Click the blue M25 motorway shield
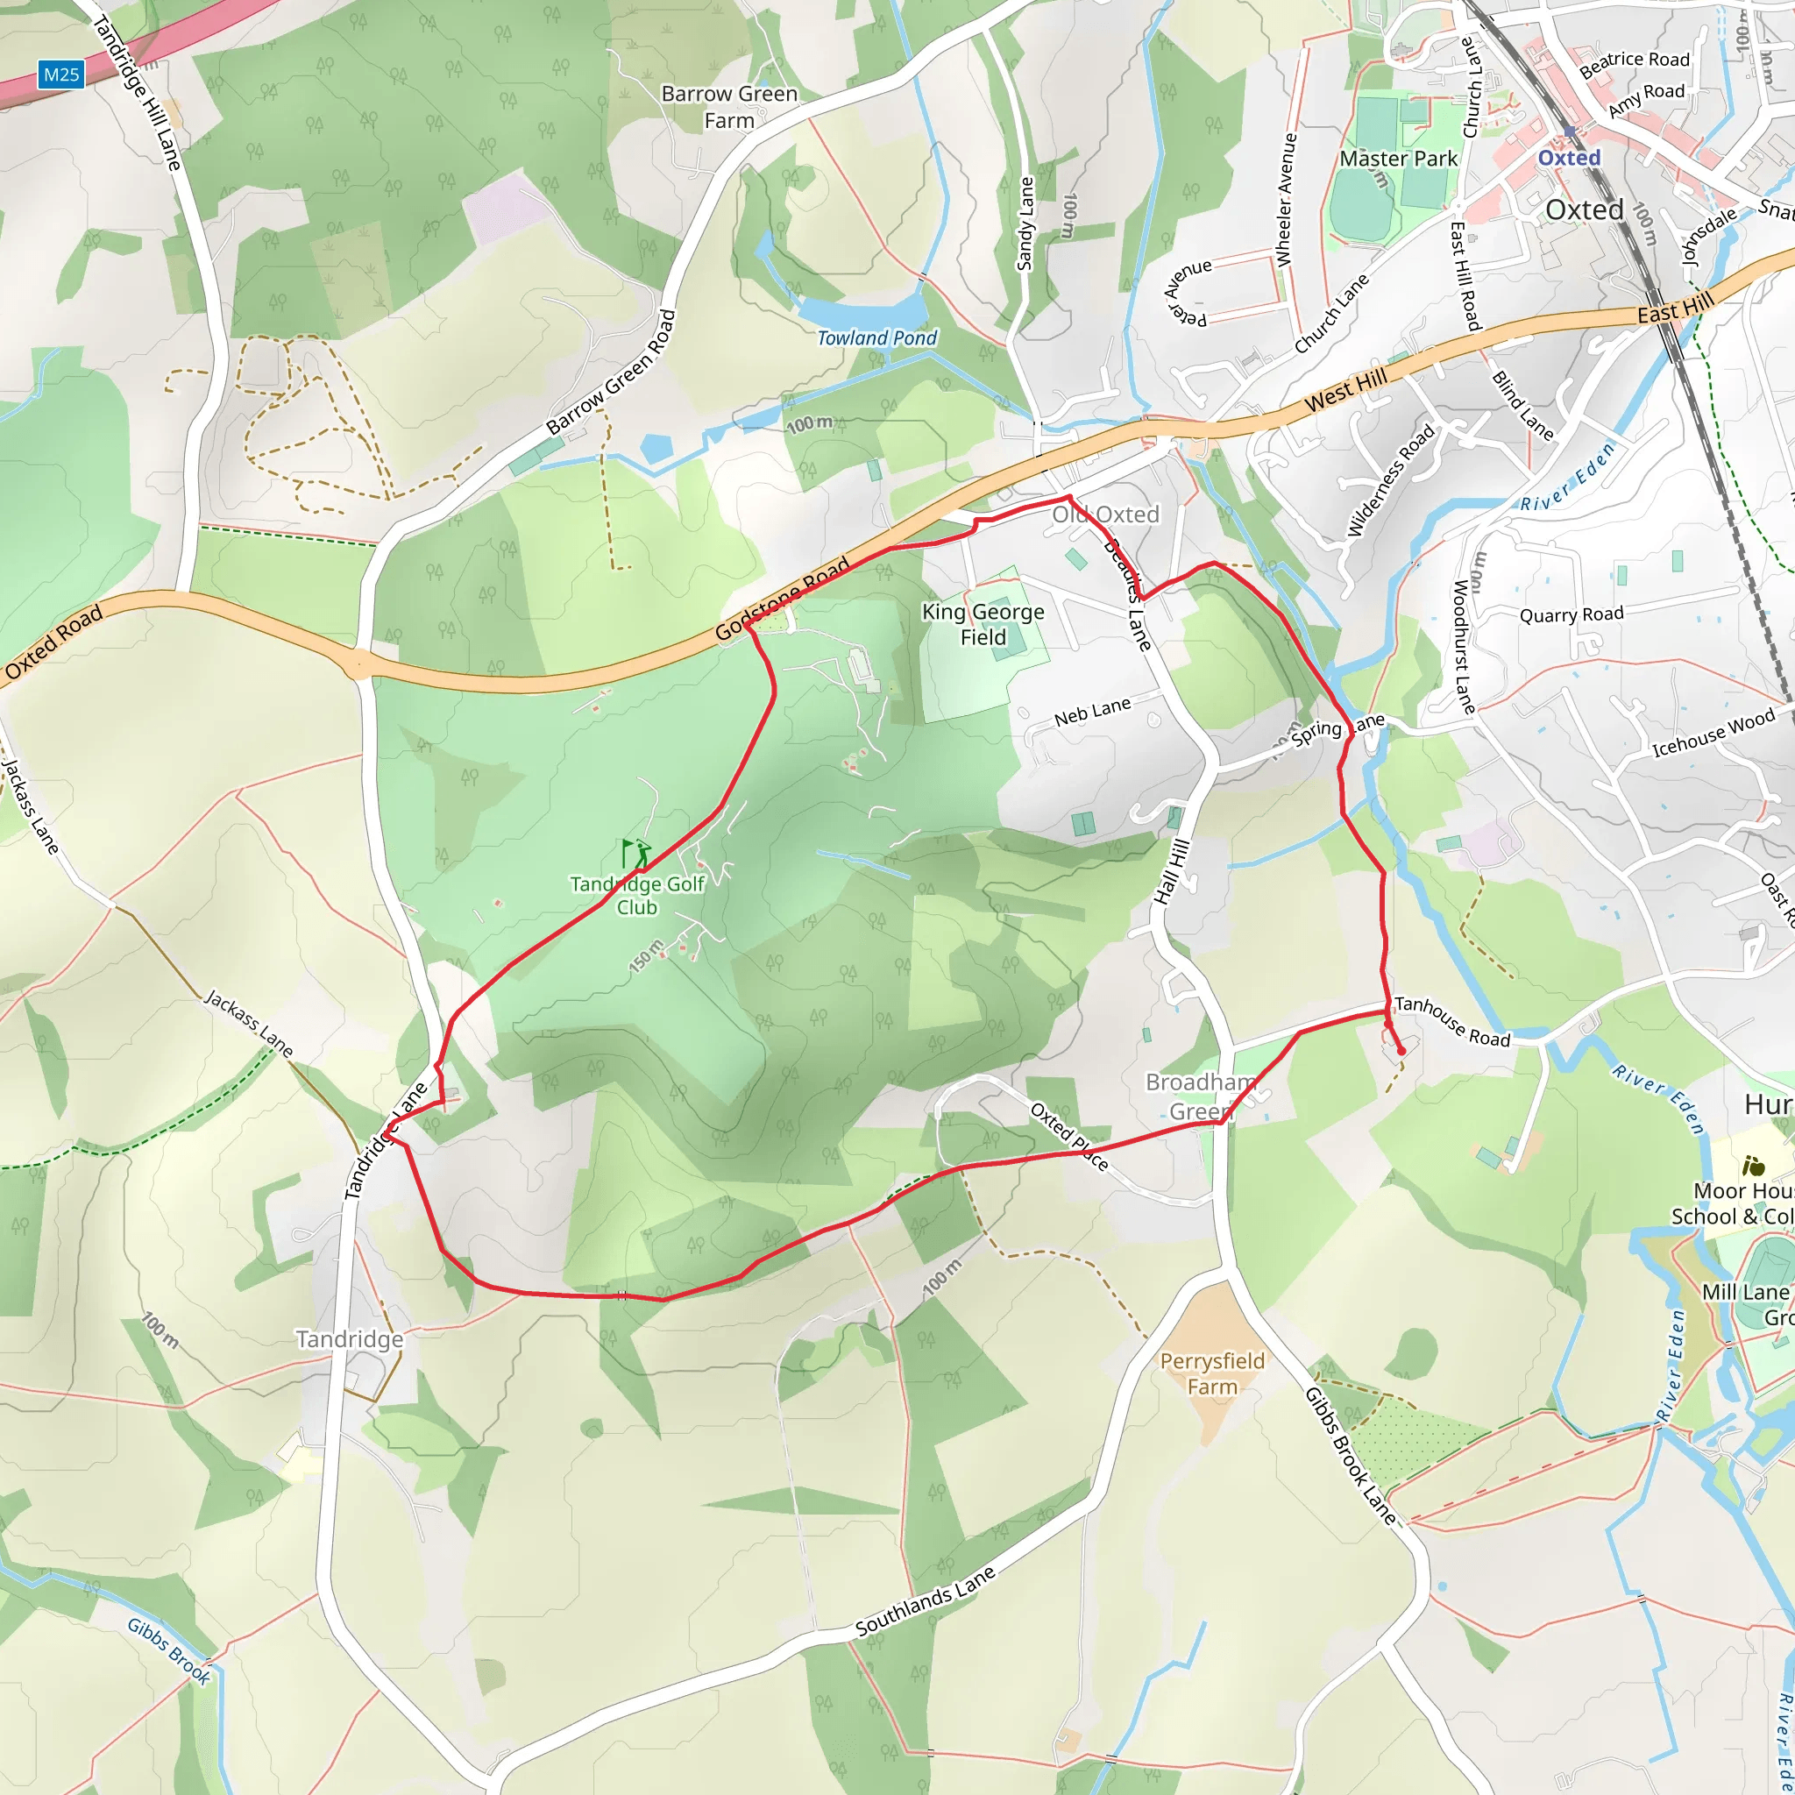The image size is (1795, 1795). [x=61, y=75]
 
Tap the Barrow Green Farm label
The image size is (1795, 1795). [x=729, y=107]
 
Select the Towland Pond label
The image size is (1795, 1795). [x=877, y=338]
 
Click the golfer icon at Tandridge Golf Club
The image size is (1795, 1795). [x=636, y=853]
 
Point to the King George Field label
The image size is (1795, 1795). [x=983, y=624]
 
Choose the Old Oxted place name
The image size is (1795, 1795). [x=1105, y=514]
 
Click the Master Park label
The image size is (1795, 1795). [x=1398, y=159]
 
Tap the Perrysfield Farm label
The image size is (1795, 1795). [x=1212, y=1374]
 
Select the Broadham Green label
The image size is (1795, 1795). [x=1201, y=1096]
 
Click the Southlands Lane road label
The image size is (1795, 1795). [x=926, y=1600]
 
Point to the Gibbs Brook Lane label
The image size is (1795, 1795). [x=1350, y=1456]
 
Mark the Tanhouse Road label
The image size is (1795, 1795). [x=1452, y=1021]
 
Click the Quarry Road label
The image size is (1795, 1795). [x=1572, y=614]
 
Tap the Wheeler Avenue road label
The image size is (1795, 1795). [x=1286, y=200]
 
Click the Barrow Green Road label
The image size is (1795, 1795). [x=610, y=372]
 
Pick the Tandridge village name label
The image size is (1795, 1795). [x=350, y=1339]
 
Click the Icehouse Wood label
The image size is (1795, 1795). [x=1713, y=732]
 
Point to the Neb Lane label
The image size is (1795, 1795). [x=1093, y=712]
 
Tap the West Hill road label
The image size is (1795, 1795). [x=1345, y=389]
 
